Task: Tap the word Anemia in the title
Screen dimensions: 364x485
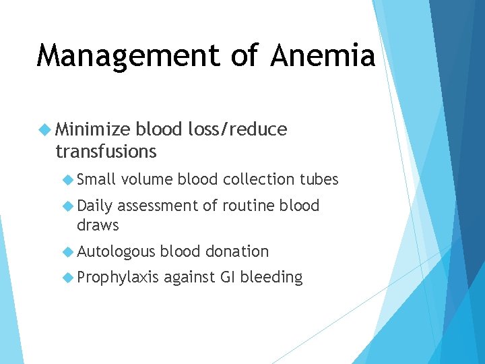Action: pos(323,55)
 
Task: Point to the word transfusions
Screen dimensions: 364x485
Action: pos(106,152)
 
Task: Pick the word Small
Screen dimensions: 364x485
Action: pos(96,179)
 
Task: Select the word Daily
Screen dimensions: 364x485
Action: pos(95,206)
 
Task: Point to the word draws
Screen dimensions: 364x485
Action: pos(98,225)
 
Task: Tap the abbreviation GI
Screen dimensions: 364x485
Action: pos(226,277)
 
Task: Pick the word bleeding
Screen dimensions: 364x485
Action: pos(271,277)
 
